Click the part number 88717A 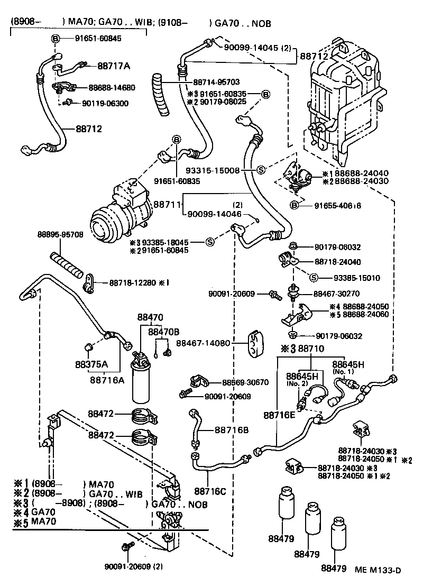pyautogui.click(x=114, y=66)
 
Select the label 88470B pyautogui.click(x=163, y=332)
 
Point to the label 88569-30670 pyautogui.click(x=245, y=382)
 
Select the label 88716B pyautogui.click(x=231, y=430)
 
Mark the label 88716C pyautogui.click(x=210, y=491)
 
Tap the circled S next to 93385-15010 pyautogui.click(x=313, y=278)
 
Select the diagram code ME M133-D pyautogui.click(x=378, y=570)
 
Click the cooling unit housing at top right pyautogui.click(x=344, y=100)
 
